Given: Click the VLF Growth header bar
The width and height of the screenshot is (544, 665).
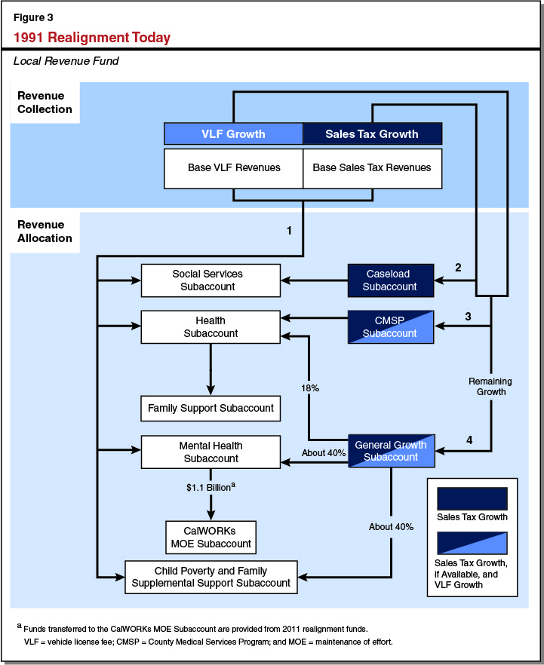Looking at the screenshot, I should pyautogui.click(x=233, y=134).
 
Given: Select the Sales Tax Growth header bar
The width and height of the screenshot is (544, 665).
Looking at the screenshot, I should pyautogui.click(x=372, y=134).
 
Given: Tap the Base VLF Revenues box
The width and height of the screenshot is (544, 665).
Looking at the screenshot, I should pyautogui.click(x=233, y=167).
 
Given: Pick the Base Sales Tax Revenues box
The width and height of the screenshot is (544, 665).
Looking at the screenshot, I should pyautogui.click(x=372, y=167).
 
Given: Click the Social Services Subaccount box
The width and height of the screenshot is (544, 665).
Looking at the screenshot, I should pyautogui.click(x=211, y=280).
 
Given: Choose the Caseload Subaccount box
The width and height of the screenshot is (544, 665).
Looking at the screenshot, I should pyautogui.click(x=390, y=280).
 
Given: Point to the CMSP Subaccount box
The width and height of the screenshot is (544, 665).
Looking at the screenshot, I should pyautogui.click(x=390, y=327).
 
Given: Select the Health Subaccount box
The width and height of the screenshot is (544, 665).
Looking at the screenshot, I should pyautogui.click(x=211, y=327).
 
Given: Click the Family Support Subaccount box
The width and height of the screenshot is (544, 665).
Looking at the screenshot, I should pyautogui.click(x=211, y=409).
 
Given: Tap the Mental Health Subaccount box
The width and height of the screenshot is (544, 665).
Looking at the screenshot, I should pyautogui.click(x=211, y=452).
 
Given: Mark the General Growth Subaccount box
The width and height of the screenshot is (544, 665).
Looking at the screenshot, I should pyautogui.click(x=390, y=451).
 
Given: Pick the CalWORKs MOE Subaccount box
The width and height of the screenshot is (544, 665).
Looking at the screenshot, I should pyautogui.click(x=211, y=537).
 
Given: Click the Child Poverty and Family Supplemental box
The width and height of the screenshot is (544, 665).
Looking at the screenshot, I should pyautogui.click(x=211, y=577).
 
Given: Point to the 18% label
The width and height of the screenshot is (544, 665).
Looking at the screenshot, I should pyautogui.click(x=310, y=388).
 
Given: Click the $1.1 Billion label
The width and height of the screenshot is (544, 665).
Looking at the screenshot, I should pyautogui.click(x=211, y=488).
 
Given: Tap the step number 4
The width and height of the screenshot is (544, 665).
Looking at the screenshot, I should pyautogui.click(x=469, y=440).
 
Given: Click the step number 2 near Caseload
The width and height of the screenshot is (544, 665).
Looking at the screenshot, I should pyautogui.click(x=457, y=267).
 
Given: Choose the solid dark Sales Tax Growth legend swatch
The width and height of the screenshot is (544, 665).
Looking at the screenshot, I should pyautogui.click(x=472, y=498).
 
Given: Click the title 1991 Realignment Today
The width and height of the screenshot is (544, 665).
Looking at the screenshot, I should pyautogui.click(x=92, y=38).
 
